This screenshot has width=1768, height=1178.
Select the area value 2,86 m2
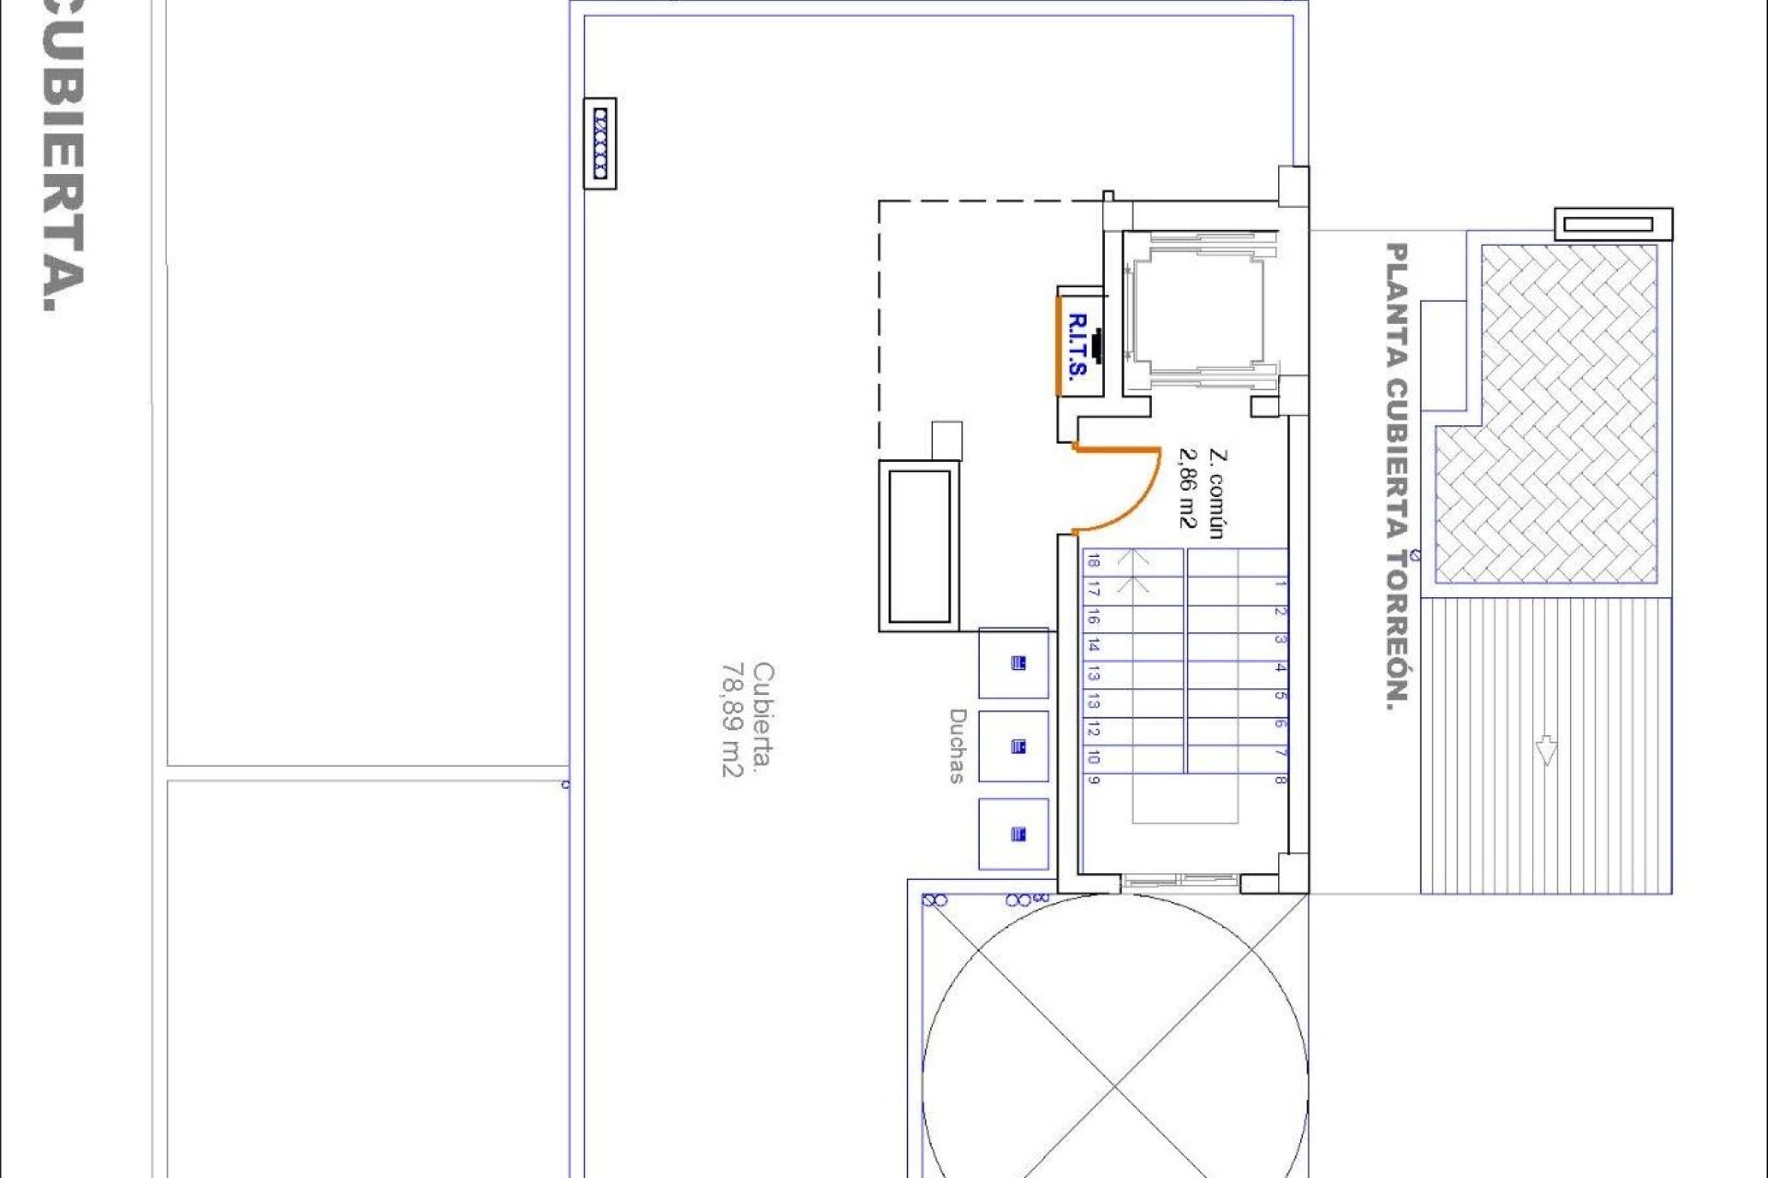pos(1188,488)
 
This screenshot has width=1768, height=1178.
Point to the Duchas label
pos(958,745)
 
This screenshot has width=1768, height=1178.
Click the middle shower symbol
pos(1018,746)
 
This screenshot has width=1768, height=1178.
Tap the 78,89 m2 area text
pos(732,720)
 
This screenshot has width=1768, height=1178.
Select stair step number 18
pos(1092,560)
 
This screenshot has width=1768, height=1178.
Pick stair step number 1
pos(1281,583)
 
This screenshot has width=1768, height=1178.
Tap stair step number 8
pos(1280,780)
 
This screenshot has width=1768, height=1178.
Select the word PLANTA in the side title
pos(1397,304)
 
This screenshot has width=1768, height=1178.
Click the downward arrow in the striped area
pos(1546,750)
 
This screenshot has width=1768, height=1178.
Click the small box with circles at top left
pos(600,144)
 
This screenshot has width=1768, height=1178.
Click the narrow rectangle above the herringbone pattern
pos(1613,224)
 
